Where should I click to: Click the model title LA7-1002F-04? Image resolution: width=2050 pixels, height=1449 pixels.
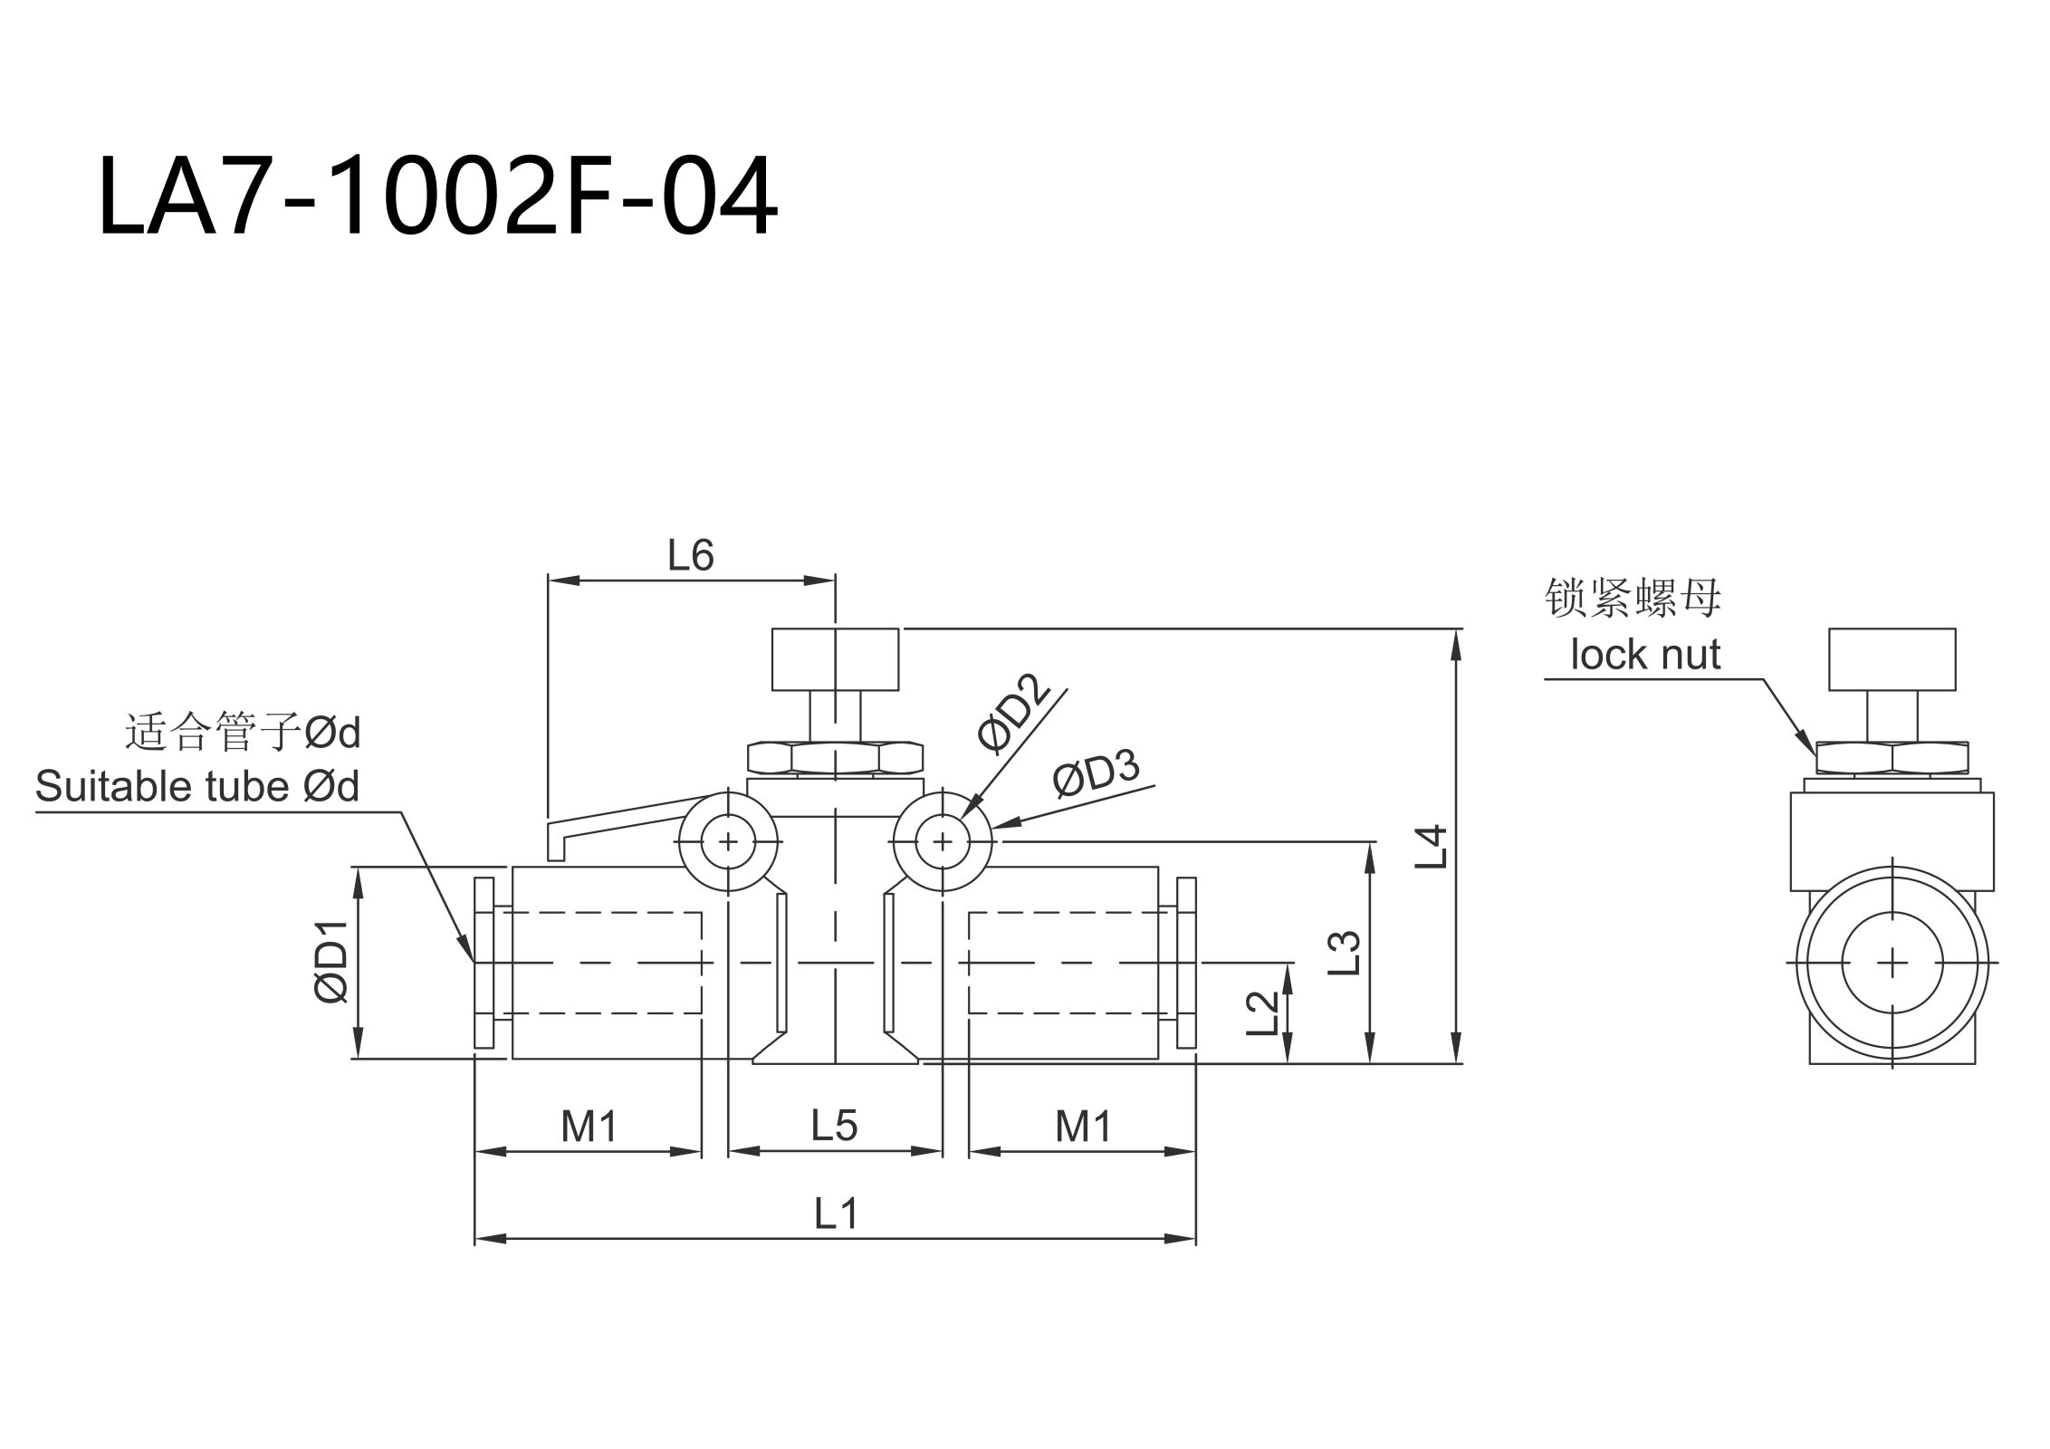click(x=437, y=197)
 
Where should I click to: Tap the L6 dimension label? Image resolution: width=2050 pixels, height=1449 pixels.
click(x=691, y=555)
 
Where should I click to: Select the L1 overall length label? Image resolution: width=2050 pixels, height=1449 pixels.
click(x=835, y=1214)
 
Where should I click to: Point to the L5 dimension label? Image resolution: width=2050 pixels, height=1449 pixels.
click(x=834, y=1126)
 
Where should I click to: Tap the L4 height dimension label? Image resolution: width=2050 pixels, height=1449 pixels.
click(x=1432, y=847)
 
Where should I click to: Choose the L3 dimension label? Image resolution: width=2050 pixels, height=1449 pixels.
click(x=1346, y=952)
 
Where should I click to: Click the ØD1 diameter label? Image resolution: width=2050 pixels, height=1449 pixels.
click(x=331, y=961)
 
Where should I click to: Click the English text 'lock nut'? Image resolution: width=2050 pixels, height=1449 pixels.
click(x=1645, y=655)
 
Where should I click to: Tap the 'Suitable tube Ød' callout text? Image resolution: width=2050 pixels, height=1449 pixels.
click(x=197, y=786)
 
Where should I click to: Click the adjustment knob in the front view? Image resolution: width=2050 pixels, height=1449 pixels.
click(x=835, y=658)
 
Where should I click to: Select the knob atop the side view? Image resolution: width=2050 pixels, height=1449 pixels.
click(x=1892, y=658)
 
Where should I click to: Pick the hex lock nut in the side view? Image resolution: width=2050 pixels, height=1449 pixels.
click(x=1892, y=757)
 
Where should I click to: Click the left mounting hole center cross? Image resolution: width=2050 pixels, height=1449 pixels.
click(x=728, y=842)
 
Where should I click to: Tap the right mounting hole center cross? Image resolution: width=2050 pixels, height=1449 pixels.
click(x=943, y=842)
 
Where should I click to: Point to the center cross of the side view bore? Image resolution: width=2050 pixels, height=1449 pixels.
click(x=1892, y=963)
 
